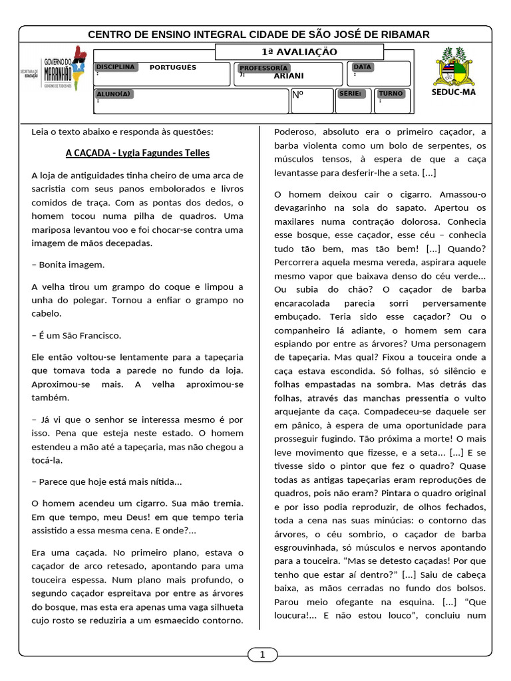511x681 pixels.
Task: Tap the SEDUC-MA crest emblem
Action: pos(454,66)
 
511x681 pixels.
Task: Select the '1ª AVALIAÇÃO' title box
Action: pos(299,52)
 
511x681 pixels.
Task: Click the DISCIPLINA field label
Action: pos(115,67)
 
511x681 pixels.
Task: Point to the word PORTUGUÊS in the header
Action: pos(172,67)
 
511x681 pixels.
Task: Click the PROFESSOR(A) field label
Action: pos(263,68)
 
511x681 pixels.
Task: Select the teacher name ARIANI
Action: pos(288,76)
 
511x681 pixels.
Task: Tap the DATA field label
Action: pos(362,67)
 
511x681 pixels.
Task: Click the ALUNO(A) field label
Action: pos(114,94)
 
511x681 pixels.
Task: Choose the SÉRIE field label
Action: pos(351,94)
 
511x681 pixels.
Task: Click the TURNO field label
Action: pos(391,94)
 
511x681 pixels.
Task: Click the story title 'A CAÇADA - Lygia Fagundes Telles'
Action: pos(137,153)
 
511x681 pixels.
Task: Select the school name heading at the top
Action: pos(259,35)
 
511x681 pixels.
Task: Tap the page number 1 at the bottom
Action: pos(262,655)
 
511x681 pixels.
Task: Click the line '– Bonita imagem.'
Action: pos(68,265)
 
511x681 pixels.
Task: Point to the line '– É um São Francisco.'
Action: pos(77,336)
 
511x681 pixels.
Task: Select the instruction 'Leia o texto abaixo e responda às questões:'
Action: pos(122,132)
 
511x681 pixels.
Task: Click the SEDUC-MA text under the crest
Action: pos(453,92)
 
